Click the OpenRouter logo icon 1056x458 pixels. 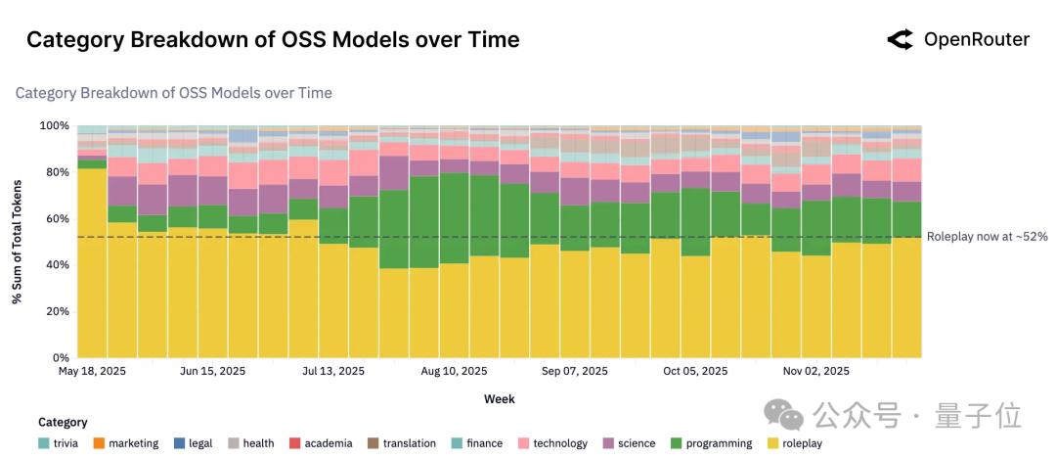tap(900, 39)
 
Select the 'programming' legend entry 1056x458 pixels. tap(711, 443)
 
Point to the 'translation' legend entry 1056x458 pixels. tap(402, 443)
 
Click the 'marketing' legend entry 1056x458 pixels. tap(125, 443)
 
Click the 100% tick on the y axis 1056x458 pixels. tap(55, 126)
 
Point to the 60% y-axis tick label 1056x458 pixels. tap(58, 219)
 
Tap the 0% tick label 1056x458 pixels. tap(62, 358)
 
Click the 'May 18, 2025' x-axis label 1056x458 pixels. tap(92, 372)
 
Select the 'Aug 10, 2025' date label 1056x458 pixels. tap(454, 372)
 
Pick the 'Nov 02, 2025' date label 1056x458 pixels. tap(815, 372)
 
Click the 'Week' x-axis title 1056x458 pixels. tap(499, 399)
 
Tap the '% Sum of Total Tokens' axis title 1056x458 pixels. tap(18, 242)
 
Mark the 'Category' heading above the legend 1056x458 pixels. tap(63, 423)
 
